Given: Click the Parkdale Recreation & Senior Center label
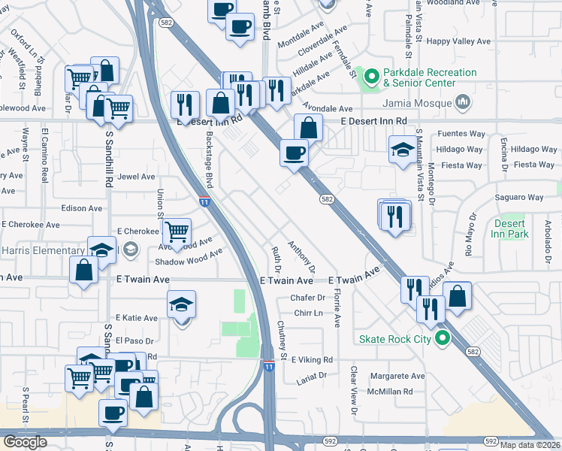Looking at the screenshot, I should tap(430, 77).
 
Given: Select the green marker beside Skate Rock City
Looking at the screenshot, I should tap(443, 339).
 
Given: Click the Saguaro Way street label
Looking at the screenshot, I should tap(519, 198).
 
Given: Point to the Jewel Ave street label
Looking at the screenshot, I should tap(136, 177).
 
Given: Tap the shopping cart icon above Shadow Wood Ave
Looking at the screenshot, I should tap(177, 232).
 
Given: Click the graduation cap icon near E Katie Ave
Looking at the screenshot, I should tap(181, 304).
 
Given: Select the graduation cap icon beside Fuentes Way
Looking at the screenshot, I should tap(403, 149).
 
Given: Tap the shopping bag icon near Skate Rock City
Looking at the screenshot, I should tap(457, 295).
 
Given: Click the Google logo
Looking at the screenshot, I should tap(25, 442).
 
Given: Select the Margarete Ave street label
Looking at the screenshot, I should tap(397, 376).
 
